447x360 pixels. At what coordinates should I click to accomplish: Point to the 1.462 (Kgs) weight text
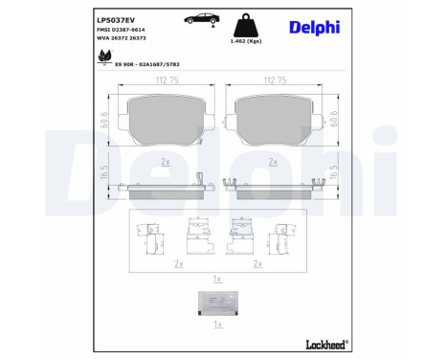click(x=241, y=44)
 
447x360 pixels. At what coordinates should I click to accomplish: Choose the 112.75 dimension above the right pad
click(x=278, y=81)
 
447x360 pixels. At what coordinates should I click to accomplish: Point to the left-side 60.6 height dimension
click(x=104, y=122)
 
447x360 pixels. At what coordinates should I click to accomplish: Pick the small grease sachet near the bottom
click(x=217, y=302)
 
